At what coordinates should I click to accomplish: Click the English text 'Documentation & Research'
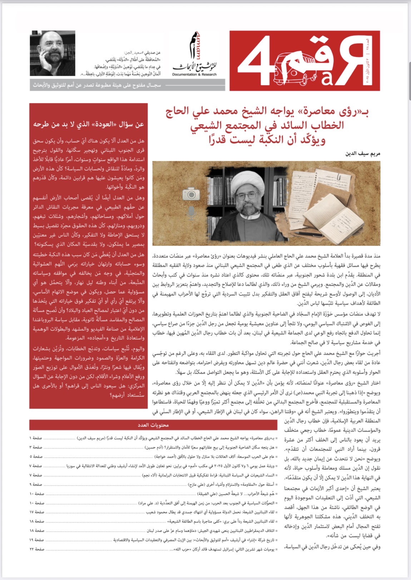point(194,74)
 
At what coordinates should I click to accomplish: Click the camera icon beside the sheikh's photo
point(191,194)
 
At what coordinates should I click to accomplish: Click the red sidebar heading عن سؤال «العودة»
point(89,124)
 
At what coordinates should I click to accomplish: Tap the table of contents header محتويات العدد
point(153,425)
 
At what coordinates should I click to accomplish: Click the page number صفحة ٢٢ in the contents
point(37,549)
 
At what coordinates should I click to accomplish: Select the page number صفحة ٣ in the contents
point(37,447)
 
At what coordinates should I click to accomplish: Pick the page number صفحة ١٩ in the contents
point(37,540)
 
